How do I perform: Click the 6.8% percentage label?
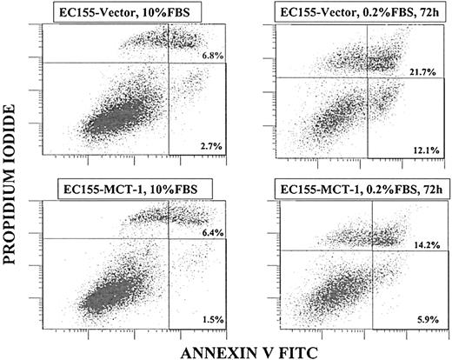point(211,57)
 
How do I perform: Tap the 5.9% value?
point(421,319)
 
